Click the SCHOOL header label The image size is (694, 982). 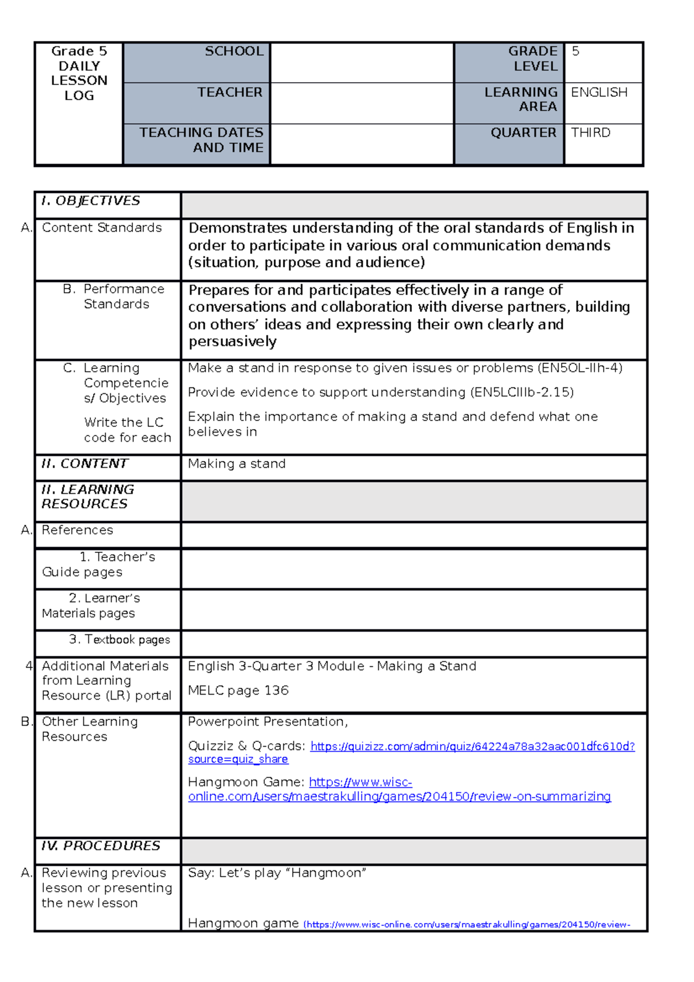(234, 51)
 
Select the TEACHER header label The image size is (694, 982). (230, 92)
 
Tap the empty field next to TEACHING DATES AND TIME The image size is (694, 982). (361, 144)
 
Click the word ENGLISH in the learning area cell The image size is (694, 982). (599, 93)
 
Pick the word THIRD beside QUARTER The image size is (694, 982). (590, 133)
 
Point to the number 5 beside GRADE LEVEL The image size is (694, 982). (575, 51)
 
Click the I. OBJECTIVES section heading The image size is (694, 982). (91, 201)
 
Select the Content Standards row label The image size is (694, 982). (101, 228)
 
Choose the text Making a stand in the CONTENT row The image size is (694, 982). (237, 464)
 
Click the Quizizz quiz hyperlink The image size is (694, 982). (472, 747)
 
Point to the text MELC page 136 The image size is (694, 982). (238, 691)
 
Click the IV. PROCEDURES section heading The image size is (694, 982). (101, 846)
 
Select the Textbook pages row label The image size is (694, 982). (120, 640)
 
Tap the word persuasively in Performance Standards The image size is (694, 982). (232, 342)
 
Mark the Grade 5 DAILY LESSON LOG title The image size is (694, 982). (79, 73)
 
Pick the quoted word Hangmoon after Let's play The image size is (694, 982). (326, 873)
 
